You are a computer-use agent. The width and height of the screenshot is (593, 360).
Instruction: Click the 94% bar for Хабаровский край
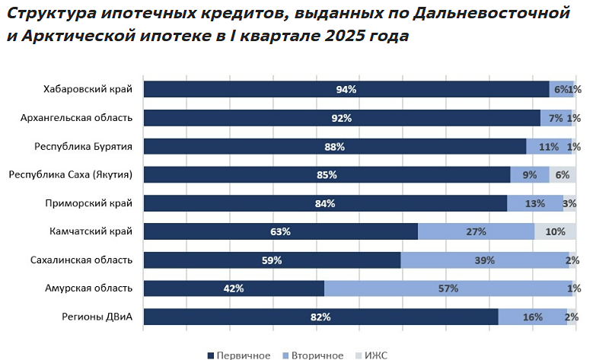346,89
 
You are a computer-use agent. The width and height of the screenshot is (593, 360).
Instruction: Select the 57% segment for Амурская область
447,288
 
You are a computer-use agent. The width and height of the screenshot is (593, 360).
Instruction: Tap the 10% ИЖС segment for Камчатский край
555,231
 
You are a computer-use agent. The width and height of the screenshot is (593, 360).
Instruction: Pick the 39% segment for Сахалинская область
485,260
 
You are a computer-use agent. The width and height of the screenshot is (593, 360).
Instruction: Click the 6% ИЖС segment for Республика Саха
563,175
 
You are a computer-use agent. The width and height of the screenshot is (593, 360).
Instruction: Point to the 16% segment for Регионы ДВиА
532,317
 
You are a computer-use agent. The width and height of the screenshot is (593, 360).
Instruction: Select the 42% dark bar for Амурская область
234,288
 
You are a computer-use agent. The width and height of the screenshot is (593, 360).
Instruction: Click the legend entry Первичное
238,355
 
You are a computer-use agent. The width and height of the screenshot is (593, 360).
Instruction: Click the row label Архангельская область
77,118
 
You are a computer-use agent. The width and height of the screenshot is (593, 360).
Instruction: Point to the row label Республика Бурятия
84,146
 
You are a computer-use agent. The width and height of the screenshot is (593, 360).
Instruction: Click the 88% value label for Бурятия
334,147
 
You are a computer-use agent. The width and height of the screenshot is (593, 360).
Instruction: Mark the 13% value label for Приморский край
535,203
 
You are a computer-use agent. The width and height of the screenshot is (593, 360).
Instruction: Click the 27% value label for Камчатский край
476,231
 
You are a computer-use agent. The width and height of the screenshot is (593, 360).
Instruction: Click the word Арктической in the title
70,36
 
